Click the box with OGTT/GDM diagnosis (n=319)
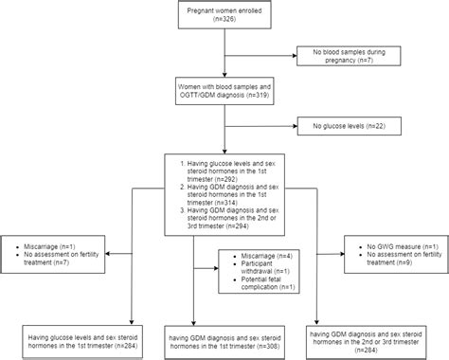click(224, 91)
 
